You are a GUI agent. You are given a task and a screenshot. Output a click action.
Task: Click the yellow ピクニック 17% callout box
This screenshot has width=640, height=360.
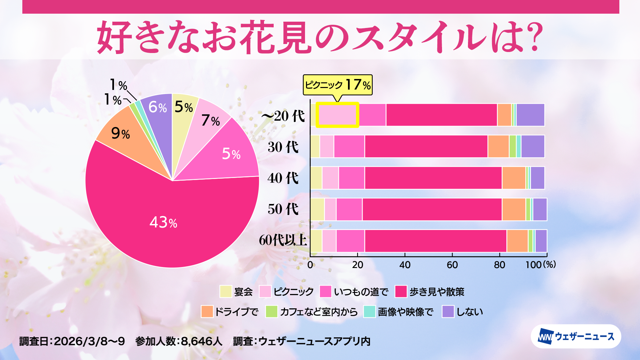pyautogui.click(x=337, y=85)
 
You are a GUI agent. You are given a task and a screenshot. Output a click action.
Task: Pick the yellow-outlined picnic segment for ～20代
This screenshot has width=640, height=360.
pyautogui.click(x=337, y=115)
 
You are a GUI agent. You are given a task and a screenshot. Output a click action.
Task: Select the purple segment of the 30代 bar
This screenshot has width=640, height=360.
pyautogui.click(x=533, y=146)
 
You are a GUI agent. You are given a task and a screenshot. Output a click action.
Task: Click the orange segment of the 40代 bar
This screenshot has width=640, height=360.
pyautogui.click(x=514, y=178)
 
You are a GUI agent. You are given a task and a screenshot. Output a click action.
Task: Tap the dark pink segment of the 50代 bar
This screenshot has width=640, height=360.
pyautogui.click(x=432, y=209)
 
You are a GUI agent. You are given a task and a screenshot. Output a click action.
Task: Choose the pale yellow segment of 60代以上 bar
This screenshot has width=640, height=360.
pyautogui.click(x=316, y=241)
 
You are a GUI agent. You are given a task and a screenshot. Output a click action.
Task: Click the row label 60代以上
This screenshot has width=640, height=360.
pyautogui.click(x=283, y=240)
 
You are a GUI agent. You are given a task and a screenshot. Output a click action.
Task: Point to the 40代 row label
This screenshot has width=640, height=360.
pyautogui.click(x=283, y=178)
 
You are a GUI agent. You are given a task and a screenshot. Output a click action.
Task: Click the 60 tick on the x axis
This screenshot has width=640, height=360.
pyautogui.click(x=452, y=265)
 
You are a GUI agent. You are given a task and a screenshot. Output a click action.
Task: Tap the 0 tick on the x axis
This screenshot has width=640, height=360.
pyautogui.click(x=310, y=265)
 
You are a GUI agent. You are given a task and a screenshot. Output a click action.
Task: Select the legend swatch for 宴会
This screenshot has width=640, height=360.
pyautogui.click(x=226, y=292)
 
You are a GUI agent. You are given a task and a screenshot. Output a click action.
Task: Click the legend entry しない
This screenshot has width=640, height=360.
pyautogui.click(x=469, y=312)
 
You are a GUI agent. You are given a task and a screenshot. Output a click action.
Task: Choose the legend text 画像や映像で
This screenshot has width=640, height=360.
pyautogui.click(x=405, y=312)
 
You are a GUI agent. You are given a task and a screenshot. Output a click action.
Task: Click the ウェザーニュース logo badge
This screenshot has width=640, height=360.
pyautogui.click(x=576, y=337)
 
